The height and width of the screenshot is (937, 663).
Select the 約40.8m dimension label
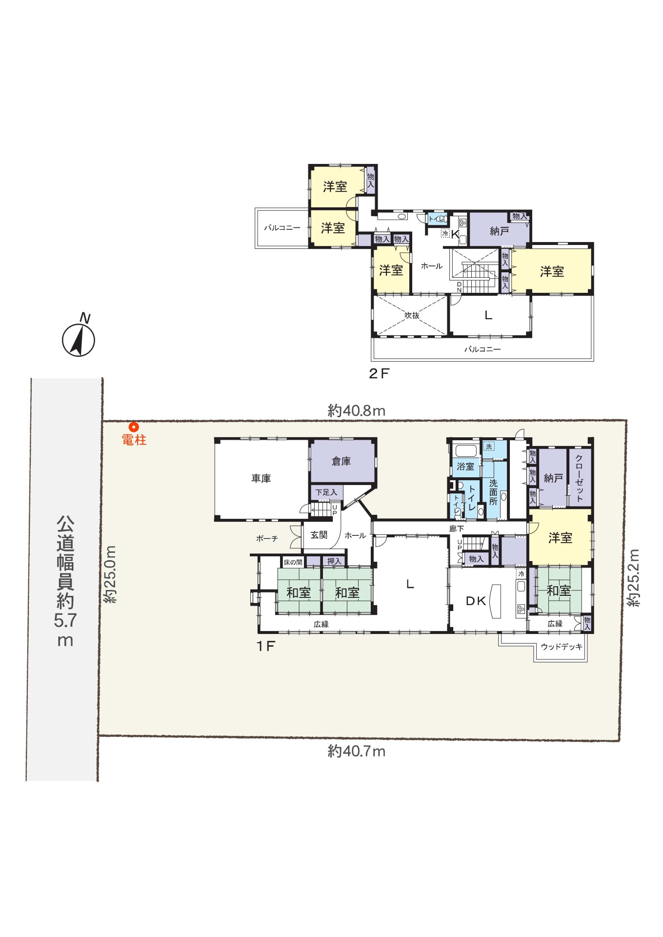click(357, 410)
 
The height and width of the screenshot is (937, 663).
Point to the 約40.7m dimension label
click(357, 751)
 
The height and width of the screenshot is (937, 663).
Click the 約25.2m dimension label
click(633, 578)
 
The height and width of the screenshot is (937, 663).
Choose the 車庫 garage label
click(261, 479)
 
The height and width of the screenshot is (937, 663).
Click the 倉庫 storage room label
click(341, 461)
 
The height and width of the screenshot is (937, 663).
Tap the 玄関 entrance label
click(319, 535)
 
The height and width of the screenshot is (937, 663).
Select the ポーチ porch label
click(267, 538)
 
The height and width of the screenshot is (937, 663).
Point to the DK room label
click(476, 601)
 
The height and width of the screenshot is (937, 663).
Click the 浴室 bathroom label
click(465, 467)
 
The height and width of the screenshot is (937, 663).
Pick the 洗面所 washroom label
click(493, 492)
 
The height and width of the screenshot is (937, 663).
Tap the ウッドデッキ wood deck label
click(562, 647)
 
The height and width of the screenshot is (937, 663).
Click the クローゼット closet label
click(579, 478)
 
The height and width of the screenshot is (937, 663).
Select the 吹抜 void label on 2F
click(412, 316)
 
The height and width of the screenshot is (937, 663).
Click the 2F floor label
click(379, 374)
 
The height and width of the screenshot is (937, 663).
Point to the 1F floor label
click(266, 646)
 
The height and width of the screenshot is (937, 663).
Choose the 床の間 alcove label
click(293, 562)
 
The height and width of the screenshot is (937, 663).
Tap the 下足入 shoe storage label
click(326, 492)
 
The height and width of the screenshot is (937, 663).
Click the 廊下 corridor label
click(457, 529)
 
